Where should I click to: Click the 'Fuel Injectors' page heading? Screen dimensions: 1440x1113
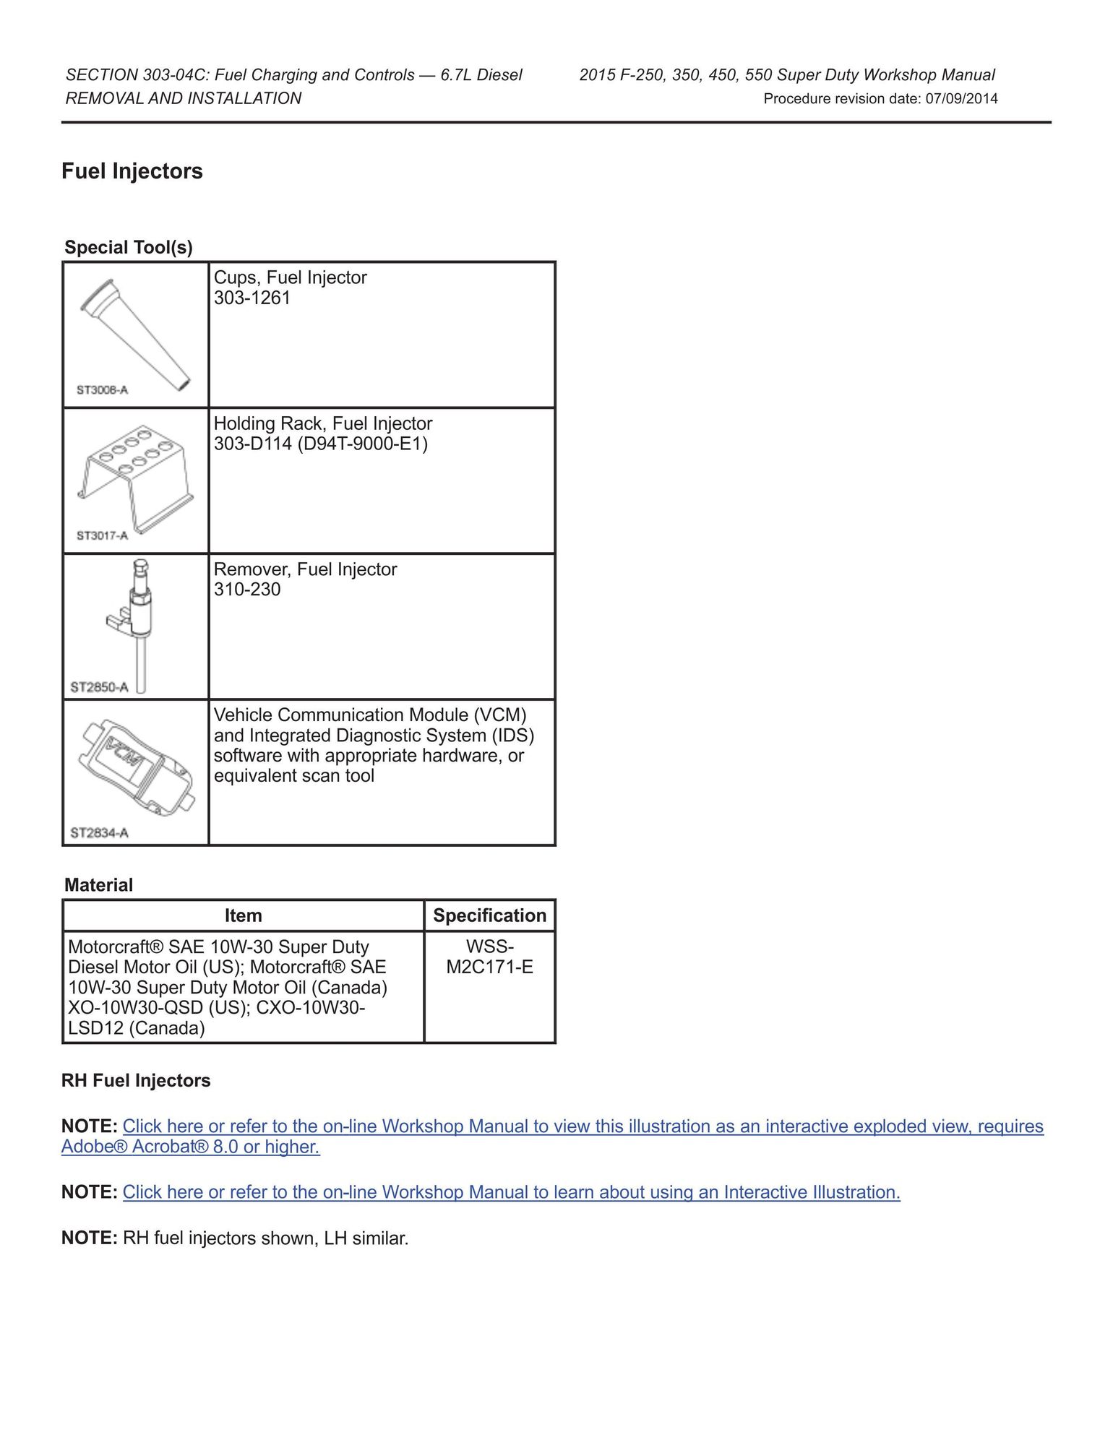tap(132, 171)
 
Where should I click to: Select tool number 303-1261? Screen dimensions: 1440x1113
tap(252, 298)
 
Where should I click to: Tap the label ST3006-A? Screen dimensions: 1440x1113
tap(102, 390)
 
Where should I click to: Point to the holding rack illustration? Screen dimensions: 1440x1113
tap(136, 475)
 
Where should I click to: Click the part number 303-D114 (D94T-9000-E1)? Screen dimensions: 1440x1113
tap(321, 444)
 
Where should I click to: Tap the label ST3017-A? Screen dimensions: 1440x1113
tap(102, 535)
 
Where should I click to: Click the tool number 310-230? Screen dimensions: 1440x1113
tap(247, 590)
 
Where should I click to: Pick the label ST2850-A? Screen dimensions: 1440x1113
tap(99, 687)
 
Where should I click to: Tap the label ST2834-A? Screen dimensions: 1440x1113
tap(99, 833)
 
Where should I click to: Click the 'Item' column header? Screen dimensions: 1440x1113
tap(243, 915)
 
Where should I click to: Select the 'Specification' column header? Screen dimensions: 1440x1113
tap(489, 915)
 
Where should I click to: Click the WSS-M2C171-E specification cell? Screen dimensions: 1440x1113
tap(489, 957)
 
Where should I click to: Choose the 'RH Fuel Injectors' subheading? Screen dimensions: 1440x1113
tap(136, 1080)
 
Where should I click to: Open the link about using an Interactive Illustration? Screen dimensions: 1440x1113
tap(511, 1192)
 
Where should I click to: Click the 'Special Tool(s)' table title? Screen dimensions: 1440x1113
tap(129, 247)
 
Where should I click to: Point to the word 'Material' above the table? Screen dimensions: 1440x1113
tap(98, 885)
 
